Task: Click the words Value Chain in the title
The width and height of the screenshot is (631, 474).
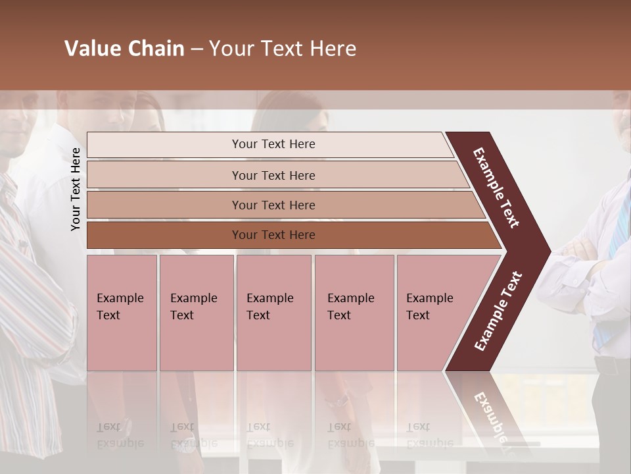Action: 124,49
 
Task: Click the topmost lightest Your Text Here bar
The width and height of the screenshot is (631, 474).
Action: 273,144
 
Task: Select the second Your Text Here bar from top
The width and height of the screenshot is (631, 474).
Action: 273,175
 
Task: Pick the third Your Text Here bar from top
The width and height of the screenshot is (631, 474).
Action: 273,205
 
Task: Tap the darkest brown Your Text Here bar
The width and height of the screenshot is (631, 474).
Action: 273,235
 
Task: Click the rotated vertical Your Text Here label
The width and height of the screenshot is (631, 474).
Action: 76,189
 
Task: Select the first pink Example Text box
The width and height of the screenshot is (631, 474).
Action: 122,313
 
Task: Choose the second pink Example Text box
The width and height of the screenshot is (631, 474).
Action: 196,313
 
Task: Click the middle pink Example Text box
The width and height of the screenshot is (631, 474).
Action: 273,313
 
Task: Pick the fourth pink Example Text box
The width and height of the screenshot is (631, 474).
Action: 354,313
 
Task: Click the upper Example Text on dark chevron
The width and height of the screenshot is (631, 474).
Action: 496,188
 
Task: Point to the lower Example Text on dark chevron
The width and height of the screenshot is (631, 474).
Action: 498,311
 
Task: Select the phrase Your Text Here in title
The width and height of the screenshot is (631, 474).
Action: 283,49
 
